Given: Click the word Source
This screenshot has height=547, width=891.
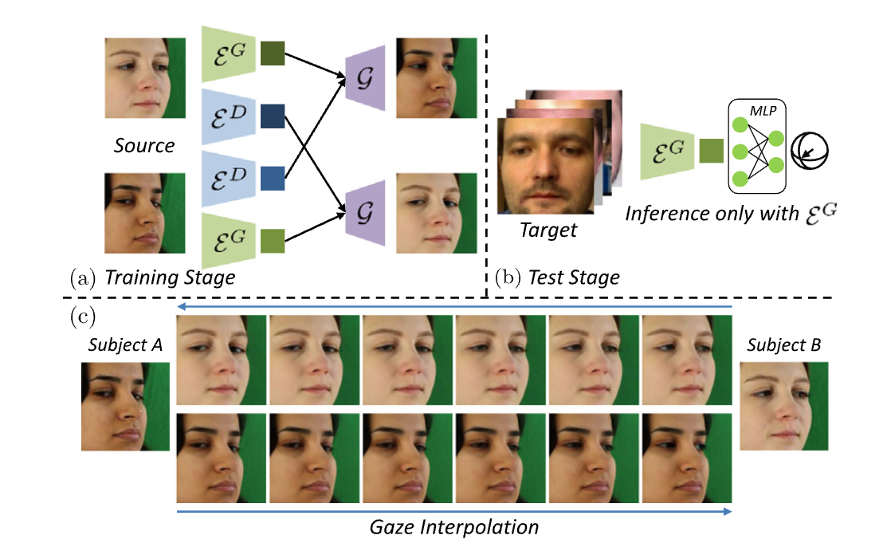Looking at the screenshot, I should click(x=145, y=147).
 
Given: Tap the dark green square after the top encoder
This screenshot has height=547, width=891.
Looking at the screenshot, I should click(x=272, y=53).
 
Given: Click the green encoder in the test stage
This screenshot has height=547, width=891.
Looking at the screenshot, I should click(x=666, y=151).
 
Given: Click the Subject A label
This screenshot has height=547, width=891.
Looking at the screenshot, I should click(x=126, y=345).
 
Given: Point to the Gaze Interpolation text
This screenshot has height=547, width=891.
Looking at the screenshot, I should click(x=454, y=527).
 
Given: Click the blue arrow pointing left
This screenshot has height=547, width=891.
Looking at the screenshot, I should click(x=454, y=306).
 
